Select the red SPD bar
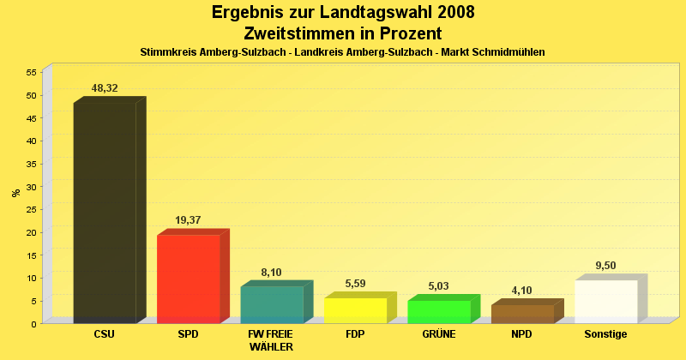click(188, 279)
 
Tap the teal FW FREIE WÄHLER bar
click(272, 304)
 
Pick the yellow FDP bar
click(355, 310)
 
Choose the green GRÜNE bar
click(439, 312)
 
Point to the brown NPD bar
click(522, 314)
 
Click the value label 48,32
click(105, 88)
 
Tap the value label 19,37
click(188, 220)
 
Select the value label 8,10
click(271, 273)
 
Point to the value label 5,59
click(355, 284)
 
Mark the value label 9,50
click(606, 266)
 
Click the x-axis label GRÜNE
click(439, 334)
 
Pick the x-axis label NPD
click(522, 334)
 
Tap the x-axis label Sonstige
click(606, 334)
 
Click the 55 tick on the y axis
click(31, 72)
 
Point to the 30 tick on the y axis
click(31, 186)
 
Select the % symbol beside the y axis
click(15, 193)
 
